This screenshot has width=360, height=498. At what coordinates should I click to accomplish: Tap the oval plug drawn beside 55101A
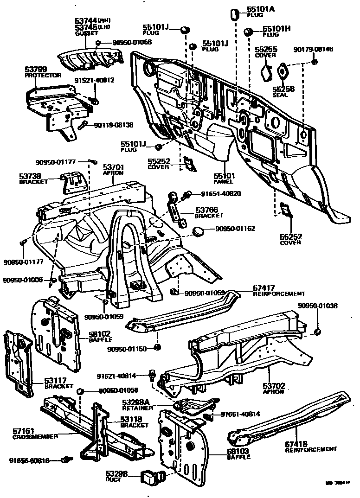(234, 14)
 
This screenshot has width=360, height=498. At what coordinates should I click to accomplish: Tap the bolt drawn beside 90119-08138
(83, 125)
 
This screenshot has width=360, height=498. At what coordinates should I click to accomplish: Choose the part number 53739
(30, 176)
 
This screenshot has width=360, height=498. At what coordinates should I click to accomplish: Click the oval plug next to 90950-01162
(199, 230)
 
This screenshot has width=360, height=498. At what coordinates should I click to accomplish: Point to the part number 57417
(264, 288)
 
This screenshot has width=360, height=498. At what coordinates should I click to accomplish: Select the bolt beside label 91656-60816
(68, 460)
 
